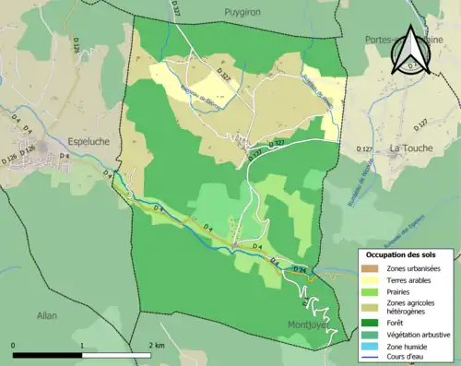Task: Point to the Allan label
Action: tap(47, 315)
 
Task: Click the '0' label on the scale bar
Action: tap(13, 345)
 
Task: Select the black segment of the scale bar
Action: tap(47, 355)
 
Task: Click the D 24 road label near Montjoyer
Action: tap(299, 269)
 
